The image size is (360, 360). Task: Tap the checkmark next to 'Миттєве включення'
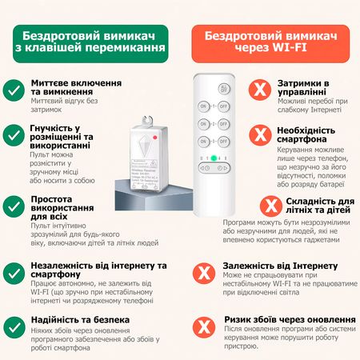(14, 89)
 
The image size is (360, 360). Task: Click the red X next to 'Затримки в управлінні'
(258, 89)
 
